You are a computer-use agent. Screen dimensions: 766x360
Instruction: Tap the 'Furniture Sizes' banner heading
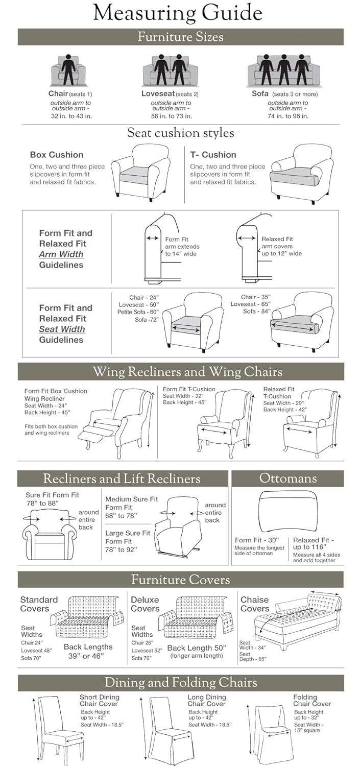(x=180, y=37)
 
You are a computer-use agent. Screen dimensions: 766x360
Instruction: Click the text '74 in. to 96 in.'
(x=288, y=116)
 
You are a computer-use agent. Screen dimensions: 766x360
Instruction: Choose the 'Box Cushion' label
(x=57, y=155)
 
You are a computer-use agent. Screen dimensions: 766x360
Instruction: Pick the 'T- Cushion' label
(x=213, y=155)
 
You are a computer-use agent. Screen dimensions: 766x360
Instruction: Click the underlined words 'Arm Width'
(x=61, y=254)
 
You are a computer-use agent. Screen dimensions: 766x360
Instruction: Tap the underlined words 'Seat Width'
(x=62, y=329)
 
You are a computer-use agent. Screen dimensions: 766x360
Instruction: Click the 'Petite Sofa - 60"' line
(x=138, y=312)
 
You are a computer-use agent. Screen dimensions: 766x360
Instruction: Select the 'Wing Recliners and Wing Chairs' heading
(x=180, y=372)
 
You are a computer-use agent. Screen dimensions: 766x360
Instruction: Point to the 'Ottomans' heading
(x=288, y=478)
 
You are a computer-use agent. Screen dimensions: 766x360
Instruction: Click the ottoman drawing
(x=289, y=511)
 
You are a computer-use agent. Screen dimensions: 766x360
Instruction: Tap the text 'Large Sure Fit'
(x=128, y=533)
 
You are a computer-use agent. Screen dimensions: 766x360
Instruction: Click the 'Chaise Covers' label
(x=255, y=604)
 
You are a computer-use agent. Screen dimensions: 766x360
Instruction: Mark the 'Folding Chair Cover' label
(x=312, y=701)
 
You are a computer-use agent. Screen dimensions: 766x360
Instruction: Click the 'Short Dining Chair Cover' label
(x=100, y=701)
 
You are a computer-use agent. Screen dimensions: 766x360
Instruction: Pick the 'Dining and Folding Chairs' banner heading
(x=180, y=683)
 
